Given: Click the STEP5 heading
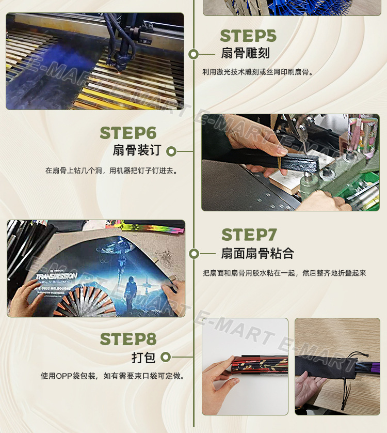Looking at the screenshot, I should coord(248,36).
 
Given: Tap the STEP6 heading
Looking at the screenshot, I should coord(128,132).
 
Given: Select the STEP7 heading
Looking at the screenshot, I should coord(249,235).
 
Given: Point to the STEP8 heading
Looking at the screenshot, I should coord(128,339).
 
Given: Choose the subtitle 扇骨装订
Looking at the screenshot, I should coord(137,150).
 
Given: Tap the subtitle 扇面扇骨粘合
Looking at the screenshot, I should coord(257,253).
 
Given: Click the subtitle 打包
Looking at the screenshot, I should coord(143,357).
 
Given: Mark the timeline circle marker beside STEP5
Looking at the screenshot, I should coord(193,54).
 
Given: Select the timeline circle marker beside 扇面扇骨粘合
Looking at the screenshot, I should coord(193,254).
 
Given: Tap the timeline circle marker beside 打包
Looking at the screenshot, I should coord(165,357).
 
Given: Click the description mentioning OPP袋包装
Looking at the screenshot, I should coord(112,376).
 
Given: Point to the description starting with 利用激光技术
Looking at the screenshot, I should coord(258,72).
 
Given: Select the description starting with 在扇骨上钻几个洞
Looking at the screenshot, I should coord(111,170).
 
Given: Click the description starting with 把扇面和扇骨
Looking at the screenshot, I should coord(284,273).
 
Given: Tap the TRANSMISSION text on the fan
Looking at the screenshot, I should coord(56,276).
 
